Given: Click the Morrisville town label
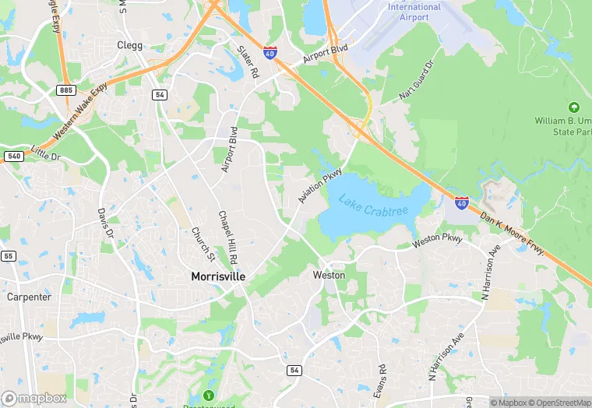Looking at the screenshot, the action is (x=219, y=276).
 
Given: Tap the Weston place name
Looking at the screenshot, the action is (x=328, y=275).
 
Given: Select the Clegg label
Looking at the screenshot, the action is (x=129, y=45).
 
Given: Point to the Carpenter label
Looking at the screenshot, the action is (x=29, y=297).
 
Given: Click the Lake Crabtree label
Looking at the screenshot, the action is (x=374, y=206).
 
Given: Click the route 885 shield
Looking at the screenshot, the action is (x=65, y=91).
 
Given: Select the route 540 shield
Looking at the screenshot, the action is (x=12, y=156).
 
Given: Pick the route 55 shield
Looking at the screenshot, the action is (x=9, y=255).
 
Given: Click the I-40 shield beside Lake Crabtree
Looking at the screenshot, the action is (x=462, y=203).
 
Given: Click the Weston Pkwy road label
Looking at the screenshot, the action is (x=438, y=239).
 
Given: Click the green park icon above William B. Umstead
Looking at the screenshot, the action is (x=574, y=107).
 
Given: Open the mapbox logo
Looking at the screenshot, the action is (x=34, y=398).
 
